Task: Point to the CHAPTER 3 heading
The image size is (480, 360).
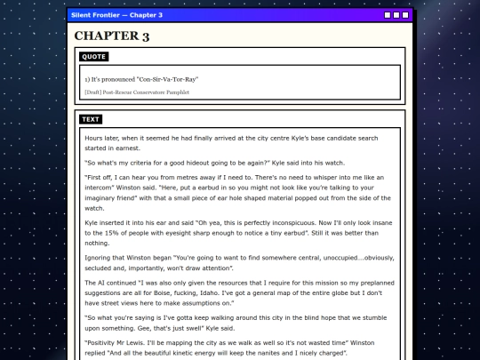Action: (x=111, y=36)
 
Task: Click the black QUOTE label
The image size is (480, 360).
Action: (x=93, y=57)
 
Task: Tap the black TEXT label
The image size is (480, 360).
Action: (x=91, y=119)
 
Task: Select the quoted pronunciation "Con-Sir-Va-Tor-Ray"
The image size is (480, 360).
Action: (x=168, y=79)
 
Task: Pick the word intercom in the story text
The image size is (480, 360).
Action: (x=102, y=188)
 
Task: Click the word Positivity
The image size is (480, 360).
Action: (x=105, y=341)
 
